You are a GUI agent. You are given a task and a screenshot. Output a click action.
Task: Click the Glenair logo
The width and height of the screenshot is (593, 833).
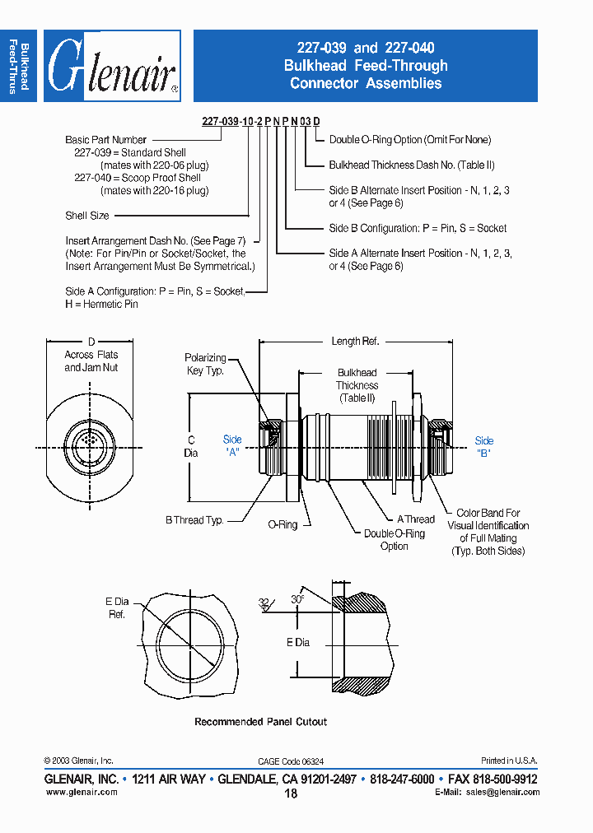click(x=112, y=67)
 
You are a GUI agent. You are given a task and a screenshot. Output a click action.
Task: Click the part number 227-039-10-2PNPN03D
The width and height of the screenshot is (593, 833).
click(x=256, y=121)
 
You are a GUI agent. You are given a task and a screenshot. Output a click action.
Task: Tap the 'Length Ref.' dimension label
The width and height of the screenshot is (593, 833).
click(x=355, y=341)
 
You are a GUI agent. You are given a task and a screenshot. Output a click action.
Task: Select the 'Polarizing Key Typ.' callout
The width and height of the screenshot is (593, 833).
click(x=205, y=364)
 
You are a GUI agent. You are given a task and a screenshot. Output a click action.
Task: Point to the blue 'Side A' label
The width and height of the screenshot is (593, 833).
click(x=233, y=446)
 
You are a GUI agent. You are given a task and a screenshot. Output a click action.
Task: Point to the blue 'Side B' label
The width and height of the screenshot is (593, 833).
click(x=484, y=446)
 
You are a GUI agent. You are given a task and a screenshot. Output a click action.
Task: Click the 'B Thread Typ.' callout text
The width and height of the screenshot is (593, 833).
click(x=194, y=519)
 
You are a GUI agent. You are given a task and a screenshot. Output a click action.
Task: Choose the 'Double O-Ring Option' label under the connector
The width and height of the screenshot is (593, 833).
click(x=395, y=539)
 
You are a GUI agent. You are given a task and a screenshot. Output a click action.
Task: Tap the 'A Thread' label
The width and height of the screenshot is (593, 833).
click(x=416, y=519)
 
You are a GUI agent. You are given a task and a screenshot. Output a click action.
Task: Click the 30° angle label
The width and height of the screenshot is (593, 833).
click(x=297, y=600)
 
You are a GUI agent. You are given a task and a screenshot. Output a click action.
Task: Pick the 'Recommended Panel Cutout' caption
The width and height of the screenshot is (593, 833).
click(x=260, y=722)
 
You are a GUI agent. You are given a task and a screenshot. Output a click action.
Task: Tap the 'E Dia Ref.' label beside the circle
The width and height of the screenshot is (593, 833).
click(x=117, y=608)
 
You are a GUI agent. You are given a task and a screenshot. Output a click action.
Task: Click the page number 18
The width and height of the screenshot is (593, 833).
click(x=291, y=793)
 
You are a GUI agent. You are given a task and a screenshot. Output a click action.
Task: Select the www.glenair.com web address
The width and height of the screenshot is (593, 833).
click(x=82, y=792)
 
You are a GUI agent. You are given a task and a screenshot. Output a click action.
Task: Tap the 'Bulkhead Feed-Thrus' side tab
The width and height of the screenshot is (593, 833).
click(x=19, y=67)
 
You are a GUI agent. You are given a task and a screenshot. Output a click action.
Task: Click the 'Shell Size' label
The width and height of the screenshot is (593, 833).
click(x=87, y=216)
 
